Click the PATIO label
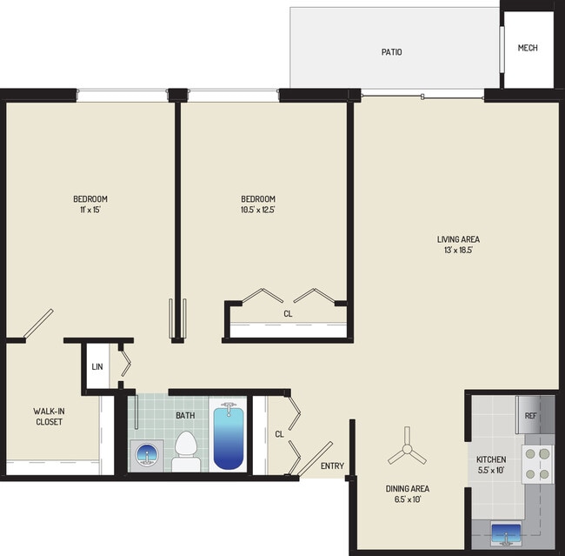391,52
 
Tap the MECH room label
527,48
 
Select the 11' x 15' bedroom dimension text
90,210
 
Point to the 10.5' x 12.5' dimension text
259,210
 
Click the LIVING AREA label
458,239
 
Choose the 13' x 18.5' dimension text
458,251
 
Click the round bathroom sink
145,453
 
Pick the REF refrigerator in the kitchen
532,415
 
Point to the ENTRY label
332,467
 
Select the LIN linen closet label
96,366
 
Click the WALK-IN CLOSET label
48,416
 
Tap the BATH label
185,415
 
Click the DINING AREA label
407,488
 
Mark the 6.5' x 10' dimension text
407,499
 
